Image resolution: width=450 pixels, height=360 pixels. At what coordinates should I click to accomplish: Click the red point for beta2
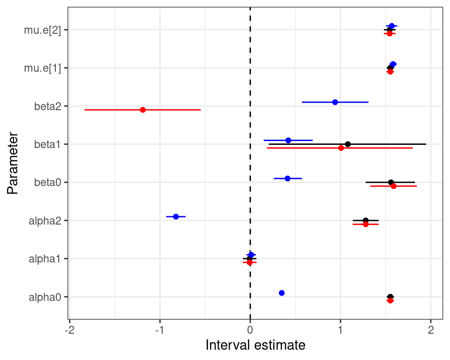pyautogui.click(x=142, y=110)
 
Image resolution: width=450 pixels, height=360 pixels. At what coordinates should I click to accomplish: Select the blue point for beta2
pyautogui.click(x=335, y=102)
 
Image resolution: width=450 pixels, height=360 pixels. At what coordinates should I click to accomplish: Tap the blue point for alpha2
pyautogui.click(x=176, y=217)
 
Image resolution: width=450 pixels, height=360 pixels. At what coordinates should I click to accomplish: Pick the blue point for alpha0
pyautogui.click(x=281, y=293)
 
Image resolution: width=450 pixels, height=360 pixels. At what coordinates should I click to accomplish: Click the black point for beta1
pyautogui.click(x=347, y=144)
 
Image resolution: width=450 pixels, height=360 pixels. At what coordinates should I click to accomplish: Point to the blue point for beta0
pyautogui.click(x=287, y=178)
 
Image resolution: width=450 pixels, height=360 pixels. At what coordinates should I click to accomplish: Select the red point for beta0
pyautogui.click(x=393, y=186)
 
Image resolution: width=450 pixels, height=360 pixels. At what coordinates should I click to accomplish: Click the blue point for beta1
pyautogui.click(x=288, y=140)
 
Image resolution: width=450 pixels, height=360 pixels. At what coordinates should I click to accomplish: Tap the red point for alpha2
pyautogui.click(x=366, y=225)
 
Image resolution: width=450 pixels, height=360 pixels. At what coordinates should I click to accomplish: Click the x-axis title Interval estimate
pyautogui.click(x=255, y=346)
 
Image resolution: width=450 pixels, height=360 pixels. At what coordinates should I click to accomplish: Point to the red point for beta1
pyautogui.click(x=341, y=148)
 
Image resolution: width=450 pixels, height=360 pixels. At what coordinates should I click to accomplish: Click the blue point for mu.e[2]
pyautogui.click(x=391, y=26)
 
